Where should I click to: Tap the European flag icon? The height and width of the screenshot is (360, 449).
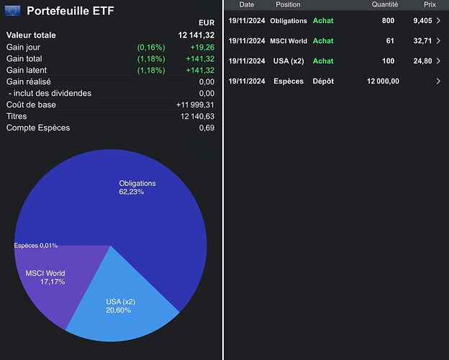pyautogui.click(x=13, y=12)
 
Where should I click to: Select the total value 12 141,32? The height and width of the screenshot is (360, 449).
pyautogui.click(x=196, y=35)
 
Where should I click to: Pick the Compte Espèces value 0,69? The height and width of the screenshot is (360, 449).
pyautogui.click(x=207, y=128)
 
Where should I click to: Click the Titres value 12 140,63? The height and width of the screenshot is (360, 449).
pyautogui.click(x=196, y=116)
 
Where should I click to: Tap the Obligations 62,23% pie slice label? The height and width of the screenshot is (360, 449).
pyautogui.click(x=137, y=188)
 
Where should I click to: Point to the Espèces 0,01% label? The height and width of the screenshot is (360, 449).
pyautogui.click(x=35, y=246)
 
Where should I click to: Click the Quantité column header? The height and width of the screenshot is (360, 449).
pyautogui.click(x=385, y=4)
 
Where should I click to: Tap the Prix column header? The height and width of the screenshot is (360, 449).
pyautogui.click(x=430, y=4)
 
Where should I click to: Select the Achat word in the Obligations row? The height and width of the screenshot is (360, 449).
pyautogui.click(x=323, y=21)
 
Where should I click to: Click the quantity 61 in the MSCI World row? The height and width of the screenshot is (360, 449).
pyautogui.click(x=389, y=41)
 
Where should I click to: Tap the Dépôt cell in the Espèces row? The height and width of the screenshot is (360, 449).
pyautogui.click(x=323, y=81)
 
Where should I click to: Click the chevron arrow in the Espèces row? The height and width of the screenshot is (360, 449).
pyautogui.click(x=438, y=81)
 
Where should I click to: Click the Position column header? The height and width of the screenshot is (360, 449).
pyautogui.click(x=288, y=4)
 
